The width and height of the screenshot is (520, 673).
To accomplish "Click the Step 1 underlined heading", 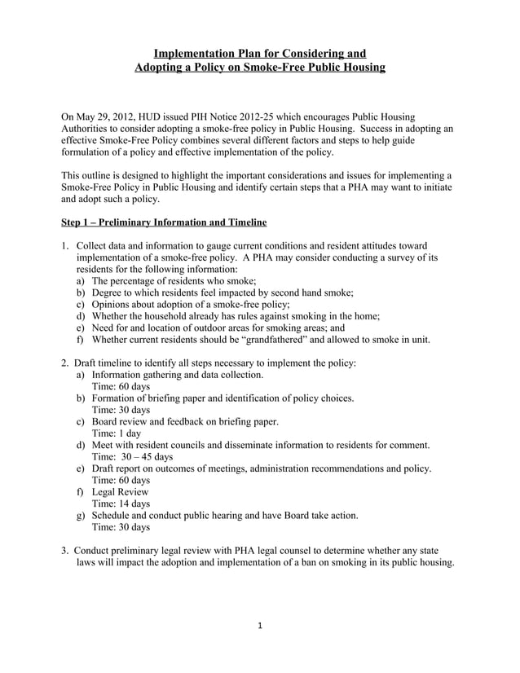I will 164,222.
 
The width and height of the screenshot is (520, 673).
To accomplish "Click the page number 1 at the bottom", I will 259,627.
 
